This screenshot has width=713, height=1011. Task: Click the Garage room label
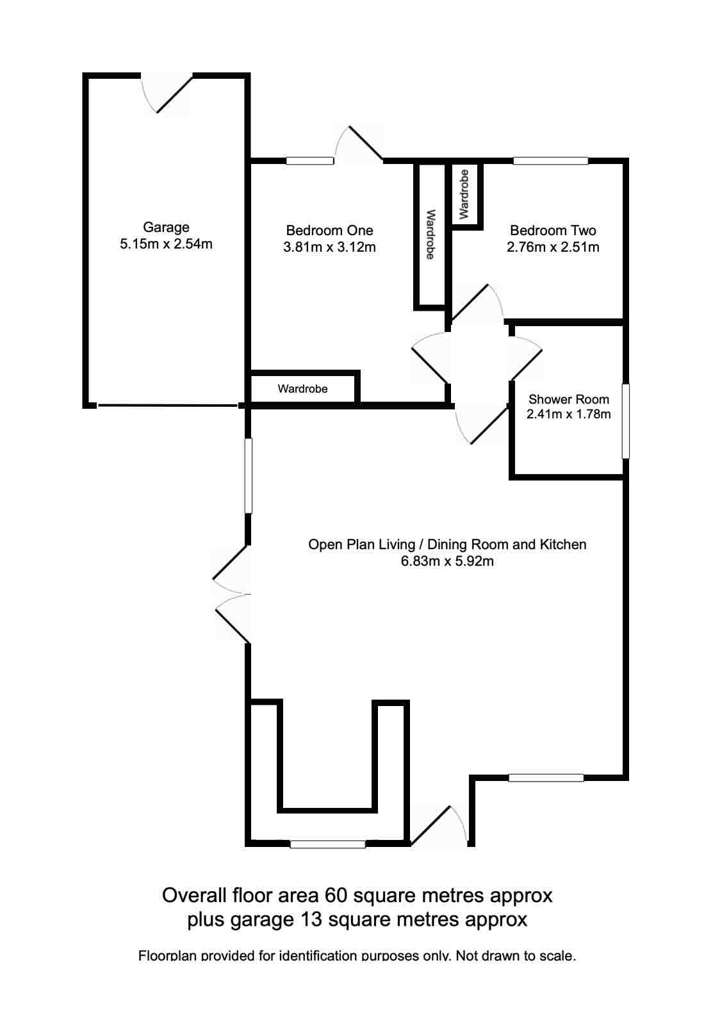pyautogui.click(x=166, y=227)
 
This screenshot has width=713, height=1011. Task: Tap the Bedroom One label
pyautogui.click(x=329, y=230)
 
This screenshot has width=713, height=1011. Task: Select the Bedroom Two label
pyautogui.click(x=553, y=230)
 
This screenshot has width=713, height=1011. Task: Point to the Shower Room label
pyautogui.click(x=568, y=399)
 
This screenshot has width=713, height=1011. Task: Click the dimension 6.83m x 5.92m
pyautogui.click(x=447, y=562)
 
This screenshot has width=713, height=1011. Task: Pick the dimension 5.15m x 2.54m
pyautogui.click(x=166, y=243)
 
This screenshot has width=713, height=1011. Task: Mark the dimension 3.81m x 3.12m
pyautogui.click(x=329, y=247)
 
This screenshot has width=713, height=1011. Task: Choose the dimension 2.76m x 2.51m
pyautogui.click(x=553, y=247)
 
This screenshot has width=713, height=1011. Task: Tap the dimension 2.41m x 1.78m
pyautogui.click(x=568, y=414)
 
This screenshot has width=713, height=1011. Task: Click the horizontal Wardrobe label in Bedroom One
pyautogui.click(x=302, y=389)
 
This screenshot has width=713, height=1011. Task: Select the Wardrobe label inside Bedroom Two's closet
pyautogui.click(x=464, y=193)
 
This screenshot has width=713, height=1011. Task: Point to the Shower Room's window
pyautogui.click(x=626, y=421)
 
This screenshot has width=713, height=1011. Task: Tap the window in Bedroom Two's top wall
pyautogui.click(x=550, y=161)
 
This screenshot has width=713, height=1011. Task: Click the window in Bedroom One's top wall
pyautogui.click(x=310, y=161)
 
